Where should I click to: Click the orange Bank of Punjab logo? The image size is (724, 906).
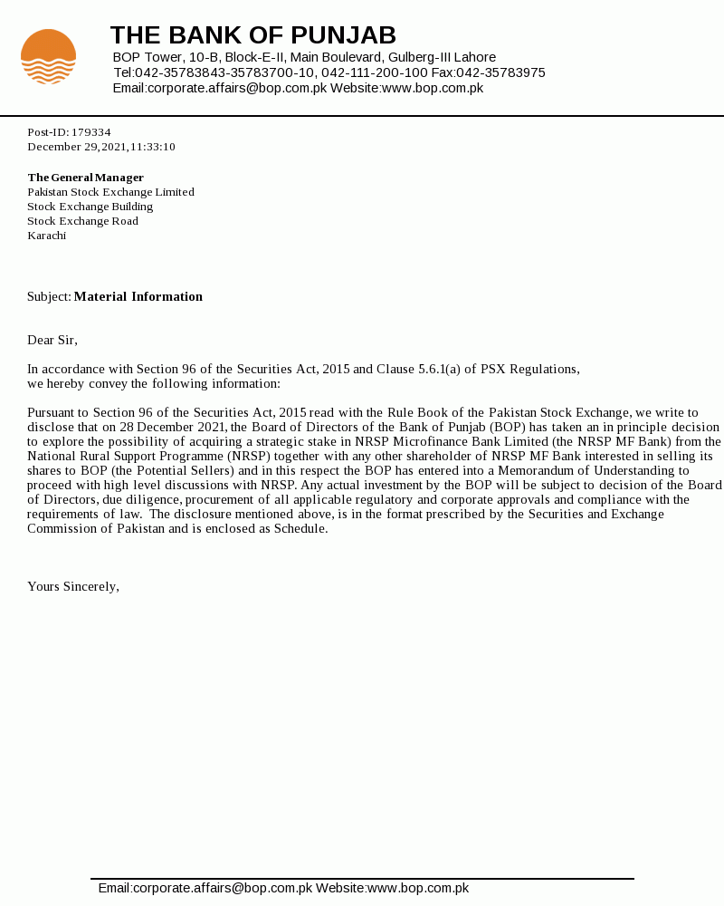48,56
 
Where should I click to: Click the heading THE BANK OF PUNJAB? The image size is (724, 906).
252,35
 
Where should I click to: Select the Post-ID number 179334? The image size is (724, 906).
90,132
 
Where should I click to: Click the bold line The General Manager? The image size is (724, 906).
85,178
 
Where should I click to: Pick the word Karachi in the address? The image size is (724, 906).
46,236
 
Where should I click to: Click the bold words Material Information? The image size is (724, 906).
138,296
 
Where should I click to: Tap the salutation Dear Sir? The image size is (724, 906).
52,340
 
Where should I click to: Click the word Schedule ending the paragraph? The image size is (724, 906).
298,528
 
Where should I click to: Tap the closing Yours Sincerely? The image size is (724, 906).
73,586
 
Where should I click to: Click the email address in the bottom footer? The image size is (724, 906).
205,888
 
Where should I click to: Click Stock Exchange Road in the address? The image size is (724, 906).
82,221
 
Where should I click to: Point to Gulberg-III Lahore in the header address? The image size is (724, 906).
442,57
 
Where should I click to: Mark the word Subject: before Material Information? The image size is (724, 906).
49,296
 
